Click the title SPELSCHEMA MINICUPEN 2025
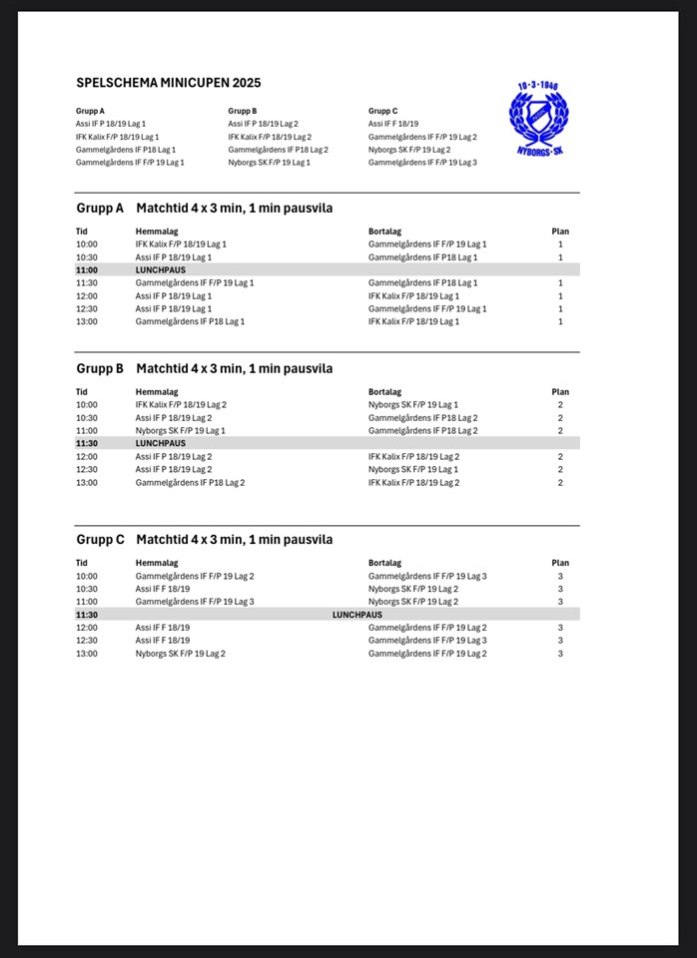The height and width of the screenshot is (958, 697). click(x=168, y=82)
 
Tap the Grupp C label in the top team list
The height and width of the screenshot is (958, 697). click(x=383, y=111)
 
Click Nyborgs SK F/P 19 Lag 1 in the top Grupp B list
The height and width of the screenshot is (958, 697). click(x=269, y=162)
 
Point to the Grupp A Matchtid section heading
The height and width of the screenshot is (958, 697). click(x=204, y=209)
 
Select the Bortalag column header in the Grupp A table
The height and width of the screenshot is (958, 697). click(x=384, y=232)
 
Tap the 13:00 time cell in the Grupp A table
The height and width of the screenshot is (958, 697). click(x=87, y=321)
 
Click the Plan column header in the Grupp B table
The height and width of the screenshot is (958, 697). click(x=560, y=392)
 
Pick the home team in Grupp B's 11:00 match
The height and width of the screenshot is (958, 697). click(x=180, y=430)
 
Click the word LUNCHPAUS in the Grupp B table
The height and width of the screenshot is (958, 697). click(x=160, y=443)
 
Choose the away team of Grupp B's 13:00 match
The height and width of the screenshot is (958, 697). click(x=413, y=482)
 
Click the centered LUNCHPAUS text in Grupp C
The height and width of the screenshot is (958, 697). click(x=356, y=615)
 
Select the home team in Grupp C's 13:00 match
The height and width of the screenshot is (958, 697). click(x=180, y=654)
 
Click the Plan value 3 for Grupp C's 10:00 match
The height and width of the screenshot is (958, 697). click(x=560, y=576)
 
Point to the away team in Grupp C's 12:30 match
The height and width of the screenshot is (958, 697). click(x=427, y=641)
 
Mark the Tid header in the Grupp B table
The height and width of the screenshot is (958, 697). click(x=82, y=392)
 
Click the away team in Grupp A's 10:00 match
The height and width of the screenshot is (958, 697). click(x=427, y=243)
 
